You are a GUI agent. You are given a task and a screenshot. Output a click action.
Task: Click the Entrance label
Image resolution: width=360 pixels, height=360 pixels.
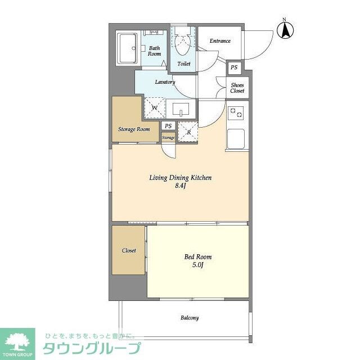[220, 41]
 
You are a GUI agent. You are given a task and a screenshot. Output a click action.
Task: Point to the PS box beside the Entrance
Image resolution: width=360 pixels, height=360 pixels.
[234, 68]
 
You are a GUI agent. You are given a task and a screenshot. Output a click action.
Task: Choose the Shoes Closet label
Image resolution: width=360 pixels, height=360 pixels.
[237, 87]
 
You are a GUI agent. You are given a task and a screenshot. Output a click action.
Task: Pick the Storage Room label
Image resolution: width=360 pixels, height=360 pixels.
[134, 129]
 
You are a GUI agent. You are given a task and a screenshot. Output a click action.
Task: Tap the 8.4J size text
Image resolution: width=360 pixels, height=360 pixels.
[180, 186]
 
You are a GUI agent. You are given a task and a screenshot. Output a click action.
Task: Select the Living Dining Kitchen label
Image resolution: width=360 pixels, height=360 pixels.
[180, 178]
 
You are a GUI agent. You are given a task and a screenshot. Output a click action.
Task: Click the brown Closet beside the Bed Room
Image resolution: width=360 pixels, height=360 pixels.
[129, 250]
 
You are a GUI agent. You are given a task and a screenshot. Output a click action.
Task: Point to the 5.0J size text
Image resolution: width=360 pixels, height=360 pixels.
[198, 265]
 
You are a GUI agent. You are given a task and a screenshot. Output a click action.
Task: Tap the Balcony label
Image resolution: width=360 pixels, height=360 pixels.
[190, 318]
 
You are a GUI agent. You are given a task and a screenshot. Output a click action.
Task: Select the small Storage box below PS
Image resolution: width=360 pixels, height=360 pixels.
[168, 137]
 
